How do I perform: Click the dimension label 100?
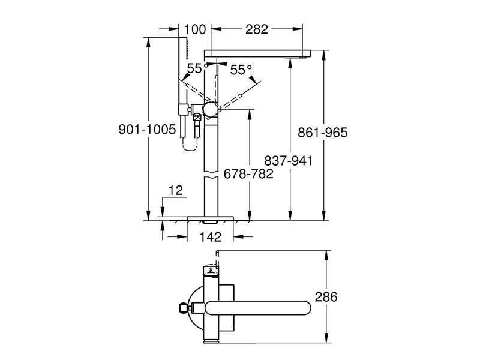point(195,29)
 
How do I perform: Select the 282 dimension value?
point(257,29)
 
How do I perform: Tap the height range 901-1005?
point(147,130)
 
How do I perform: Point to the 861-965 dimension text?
point(323,133)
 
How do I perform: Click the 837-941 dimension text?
point(289,161)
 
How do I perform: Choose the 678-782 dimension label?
point(248,174)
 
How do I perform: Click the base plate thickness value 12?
point(176,190)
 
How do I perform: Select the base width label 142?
point(211,236)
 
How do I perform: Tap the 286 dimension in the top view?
point(326,296)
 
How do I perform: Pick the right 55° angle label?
point(241,70)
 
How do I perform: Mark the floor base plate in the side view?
point(211,218)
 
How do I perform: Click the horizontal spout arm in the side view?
point(257,53)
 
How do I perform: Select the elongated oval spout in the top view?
point(258,308)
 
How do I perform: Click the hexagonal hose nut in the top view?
point(183,308)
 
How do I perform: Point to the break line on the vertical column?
point(211,175)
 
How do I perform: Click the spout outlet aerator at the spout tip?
point(304,57)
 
